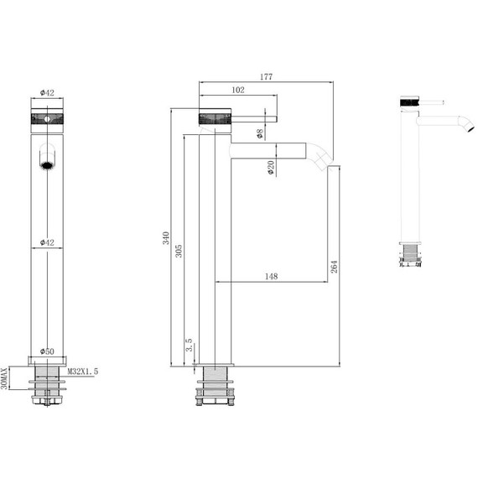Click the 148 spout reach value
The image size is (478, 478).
(271, 276)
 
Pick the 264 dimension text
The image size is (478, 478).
(335, 266)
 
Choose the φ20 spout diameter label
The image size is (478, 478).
(271, 168)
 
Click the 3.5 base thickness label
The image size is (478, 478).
(190, 344)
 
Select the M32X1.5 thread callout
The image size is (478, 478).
(82, 370)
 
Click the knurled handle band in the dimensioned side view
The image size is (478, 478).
(214, 117)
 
